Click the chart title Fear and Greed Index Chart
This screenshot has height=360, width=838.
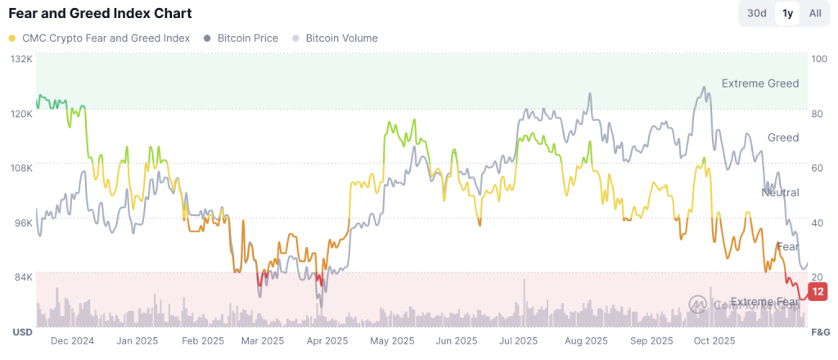click(100, 14)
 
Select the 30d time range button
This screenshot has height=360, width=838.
click(756, 13)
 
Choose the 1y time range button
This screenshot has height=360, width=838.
click(787, 13)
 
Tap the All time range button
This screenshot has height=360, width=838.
click(815, 13)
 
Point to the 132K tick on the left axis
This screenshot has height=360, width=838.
click(20, 60)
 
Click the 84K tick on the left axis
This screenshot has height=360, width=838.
click(22, 277)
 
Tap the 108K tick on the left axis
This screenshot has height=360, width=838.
click(20, 168)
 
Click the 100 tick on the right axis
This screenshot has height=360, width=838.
click(818, 60)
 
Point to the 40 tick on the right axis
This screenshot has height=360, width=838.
click(816, 223)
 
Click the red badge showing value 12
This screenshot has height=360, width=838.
click(818, 292)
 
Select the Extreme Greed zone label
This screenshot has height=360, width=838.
click(760, 83)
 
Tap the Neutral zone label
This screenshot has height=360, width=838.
click(780, 193)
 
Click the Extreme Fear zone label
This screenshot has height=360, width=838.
click(764, 302)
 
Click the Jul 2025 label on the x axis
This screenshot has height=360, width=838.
click(518, 341)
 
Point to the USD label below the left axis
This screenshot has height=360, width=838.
click(22, 332)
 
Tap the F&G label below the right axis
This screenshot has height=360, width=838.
click(819, 332)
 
